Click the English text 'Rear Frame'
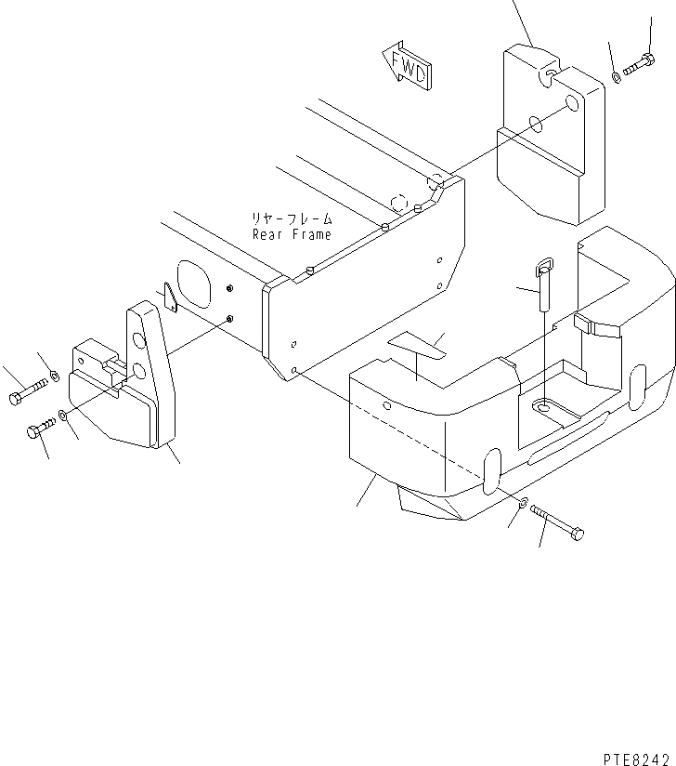[292, 235]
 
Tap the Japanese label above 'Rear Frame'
[292, 219]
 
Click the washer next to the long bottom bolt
[525, 505]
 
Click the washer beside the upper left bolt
[55, 376]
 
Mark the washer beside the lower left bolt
[62, 416]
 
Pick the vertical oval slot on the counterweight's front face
[492, 467]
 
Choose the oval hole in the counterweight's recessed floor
[544, 406]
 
